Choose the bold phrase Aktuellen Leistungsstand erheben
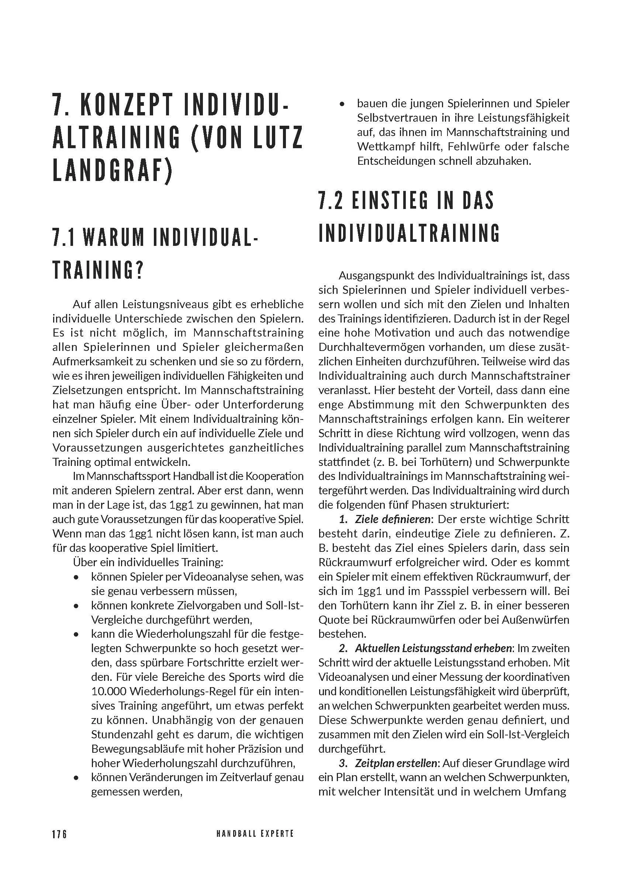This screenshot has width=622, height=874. (x=433, y=648)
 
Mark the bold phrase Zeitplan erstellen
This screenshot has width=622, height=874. (x=395, y=763)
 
